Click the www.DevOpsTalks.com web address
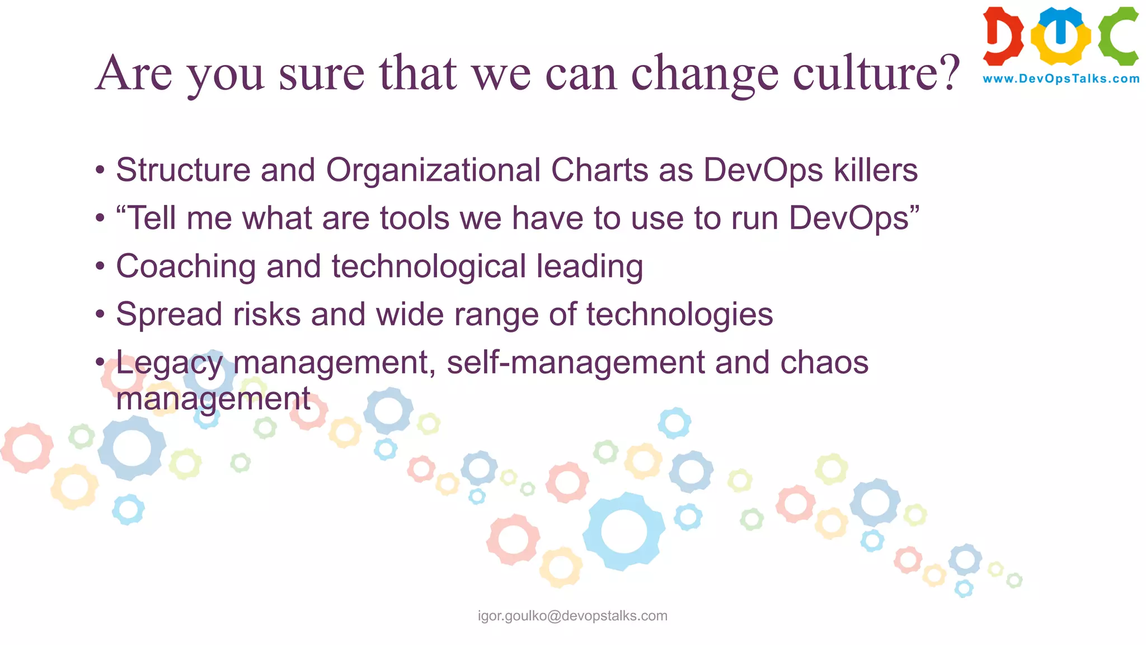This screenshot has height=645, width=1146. pyautogui.click(x=1061, y=79)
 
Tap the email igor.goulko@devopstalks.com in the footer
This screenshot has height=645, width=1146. pyautogui.click(x=572, y=616)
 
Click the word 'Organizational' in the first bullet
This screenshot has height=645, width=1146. pyautogui.click(x=433, y=170)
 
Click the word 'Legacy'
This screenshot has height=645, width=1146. pyautogui.click(x=169, y=363)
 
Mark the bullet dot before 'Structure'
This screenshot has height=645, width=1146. pyautogui.click(x=100, y=170)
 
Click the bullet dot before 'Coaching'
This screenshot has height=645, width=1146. pyautogui.click(x=100, y=267)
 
